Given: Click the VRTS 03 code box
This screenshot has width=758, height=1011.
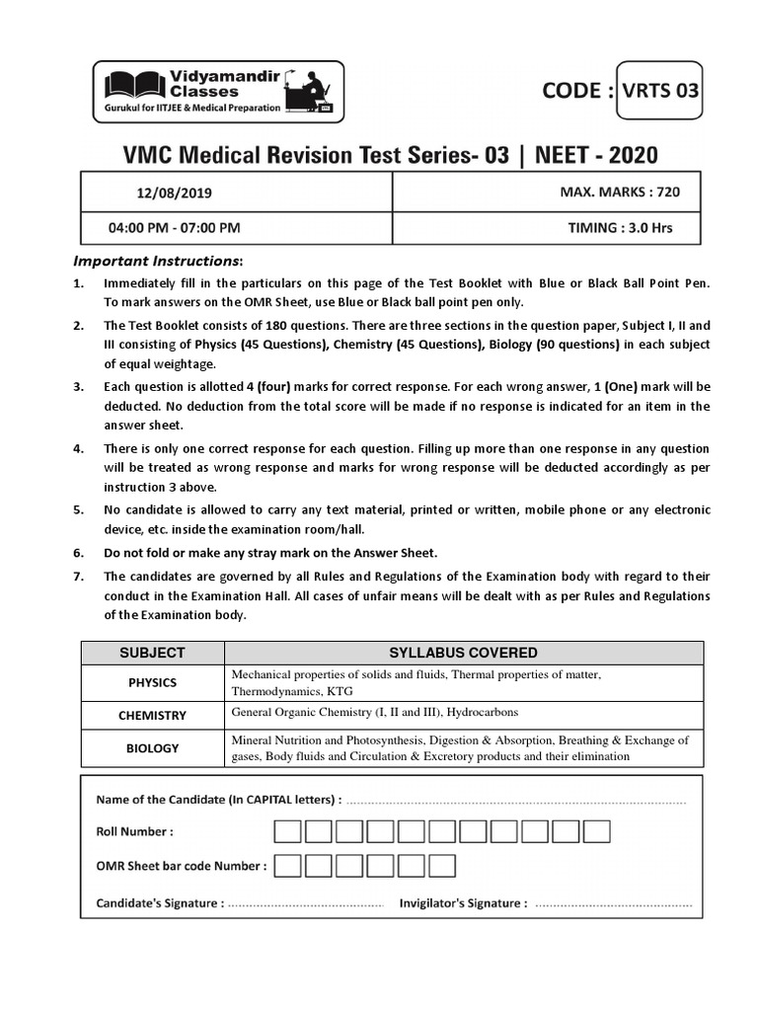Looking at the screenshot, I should [660, 91].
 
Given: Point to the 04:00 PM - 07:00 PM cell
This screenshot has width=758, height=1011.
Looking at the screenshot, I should [174, 227].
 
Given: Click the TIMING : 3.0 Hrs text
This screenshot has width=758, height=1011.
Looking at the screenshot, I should [620, 227].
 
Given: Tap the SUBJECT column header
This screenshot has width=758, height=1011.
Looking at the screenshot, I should [152, 653].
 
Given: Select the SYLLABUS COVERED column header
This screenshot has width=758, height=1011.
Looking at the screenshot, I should [463, 653].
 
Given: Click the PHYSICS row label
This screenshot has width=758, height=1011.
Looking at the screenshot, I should [152, 682].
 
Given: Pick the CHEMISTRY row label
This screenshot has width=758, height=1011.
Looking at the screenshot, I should [152, 715].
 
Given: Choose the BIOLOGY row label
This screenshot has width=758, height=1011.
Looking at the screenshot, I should [152, 747].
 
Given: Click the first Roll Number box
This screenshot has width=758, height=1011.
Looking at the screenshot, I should [287, 831].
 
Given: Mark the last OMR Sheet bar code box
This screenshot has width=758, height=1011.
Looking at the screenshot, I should [442, 866].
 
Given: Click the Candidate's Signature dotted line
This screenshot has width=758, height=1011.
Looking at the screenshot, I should [305, 903].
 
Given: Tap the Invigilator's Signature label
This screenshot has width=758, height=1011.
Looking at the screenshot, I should [463, 902].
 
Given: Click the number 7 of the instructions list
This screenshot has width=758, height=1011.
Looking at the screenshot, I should [78, 577].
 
